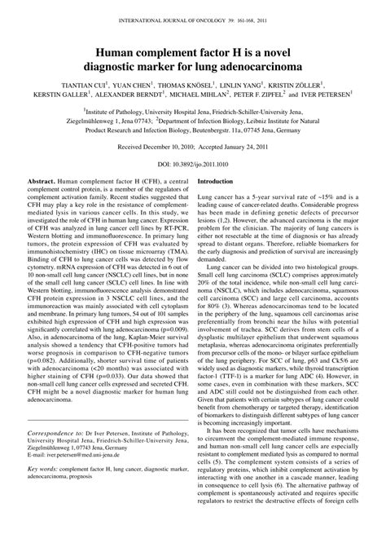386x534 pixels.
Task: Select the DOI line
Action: [x=193, y=163]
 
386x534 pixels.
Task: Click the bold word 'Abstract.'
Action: [x=40, y=181]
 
